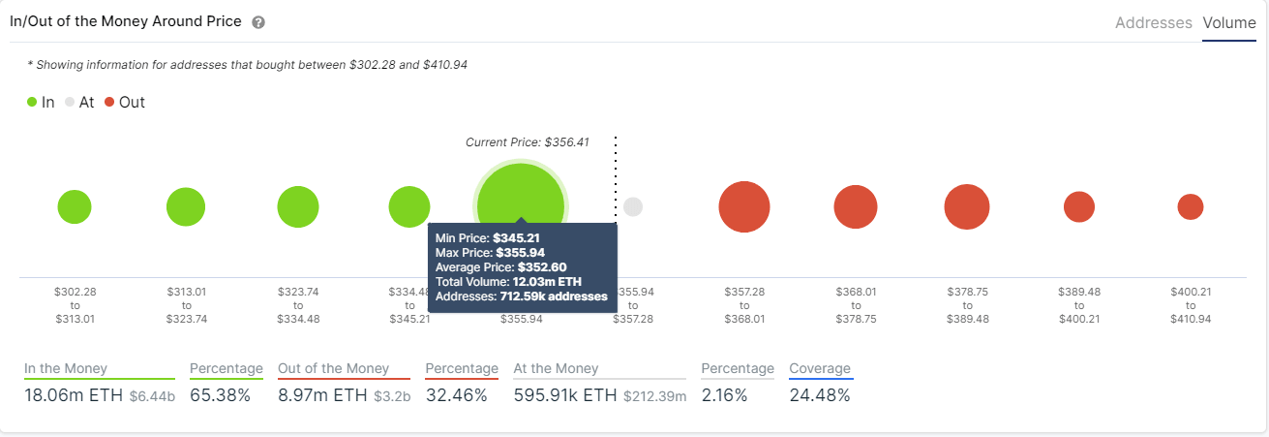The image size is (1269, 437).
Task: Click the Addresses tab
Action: (x=1153, y=22)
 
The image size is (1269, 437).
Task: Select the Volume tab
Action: (x=1228, y=22)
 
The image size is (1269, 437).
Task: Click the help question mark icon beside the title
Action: (x=257, y=22)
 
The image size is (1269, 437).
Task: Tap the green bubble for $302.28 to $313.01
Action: (x=75, y=207)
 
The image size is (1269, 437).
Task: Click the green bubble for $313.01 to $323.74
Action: (x=186, y=207)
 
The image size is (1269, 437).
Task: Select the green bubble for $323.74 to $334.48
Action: (x=298, y=207)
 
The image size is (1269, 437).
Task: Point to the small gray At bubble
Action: (x=633, y=206)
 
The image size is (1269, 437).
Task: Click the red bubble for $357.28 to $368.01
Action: (x=744, y=207)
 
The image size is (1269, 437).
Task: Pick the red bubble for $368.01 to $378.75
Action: (x=856, y=207)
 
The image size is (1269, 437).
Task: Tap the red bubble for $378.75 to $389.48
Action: (x=967, y=207)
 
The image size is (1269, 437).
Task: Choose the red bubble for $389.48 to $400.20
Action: (x=1079, y=206)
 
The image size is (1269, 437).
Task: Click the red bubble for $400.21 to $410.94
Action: (x=1191, y=206)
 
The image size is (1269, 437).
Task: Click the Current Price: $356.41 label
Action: (x=527, y=142)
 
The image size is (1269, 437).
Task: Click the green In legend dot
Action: (x=33, y=102)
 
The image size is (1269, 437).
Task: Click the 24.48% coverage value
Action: (x=819, y=395)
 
